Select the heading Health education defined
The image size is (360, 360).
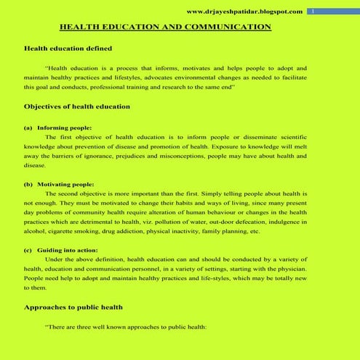[68, 48]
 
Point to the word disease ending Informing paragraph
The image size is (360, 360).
[34, 164]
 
